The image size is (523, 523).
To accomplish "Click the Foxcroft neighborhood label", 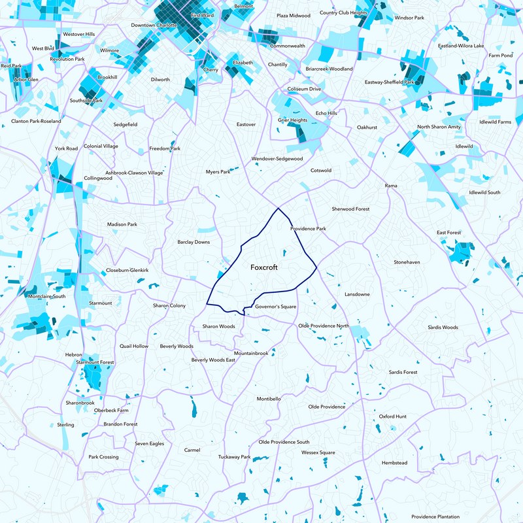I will point(264,267).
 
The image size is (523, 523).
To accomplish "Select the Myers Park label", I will point(218,172).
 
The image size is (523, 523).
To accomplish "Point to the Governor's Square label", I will point(276,307).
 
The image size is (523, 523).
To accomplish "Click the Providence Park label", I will point(308,229).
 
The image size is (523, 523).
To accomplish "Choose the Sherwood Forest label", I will point(350,209).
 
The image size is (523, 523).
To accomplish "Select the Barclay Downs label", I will point(194,242).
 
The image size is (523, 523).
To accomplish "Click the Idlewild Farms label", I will point(495,122).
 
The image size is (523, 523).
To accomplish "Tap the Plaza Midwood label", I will point(293,15).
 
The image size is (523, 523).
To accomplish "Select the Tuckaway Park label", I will point(234,457).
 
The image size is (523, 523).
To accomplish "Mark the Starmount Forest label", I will point(95,362).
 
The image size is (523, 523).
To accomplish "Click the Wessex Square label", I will point(318,452).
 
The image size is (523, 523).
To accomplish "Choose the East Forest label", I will point(448,233).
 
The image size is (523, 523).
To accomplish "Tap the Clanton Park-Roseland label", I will point(36,122).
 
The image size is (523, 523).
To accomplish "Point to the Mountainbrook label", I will point(251,353).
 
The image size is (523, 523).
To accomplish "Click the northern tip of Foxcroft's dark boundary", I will point(279,208).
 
